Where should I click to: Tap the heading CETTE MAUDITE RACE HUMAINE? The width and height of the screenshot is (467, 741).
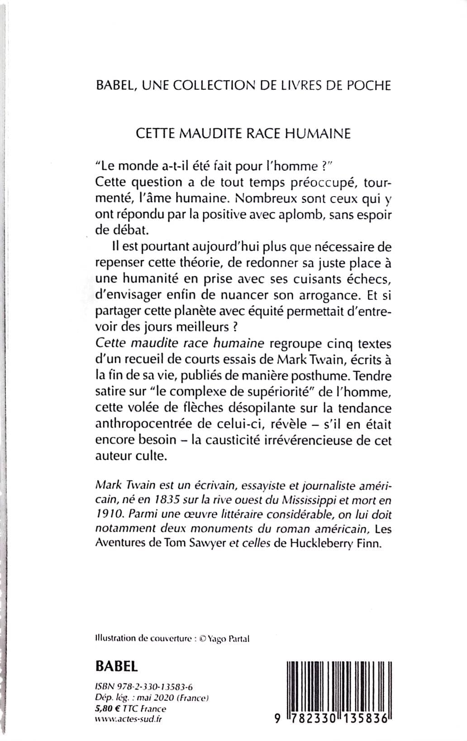point(243,134)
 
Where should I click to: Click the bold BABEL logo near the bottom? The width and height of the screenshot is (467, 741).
point(117,665)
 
